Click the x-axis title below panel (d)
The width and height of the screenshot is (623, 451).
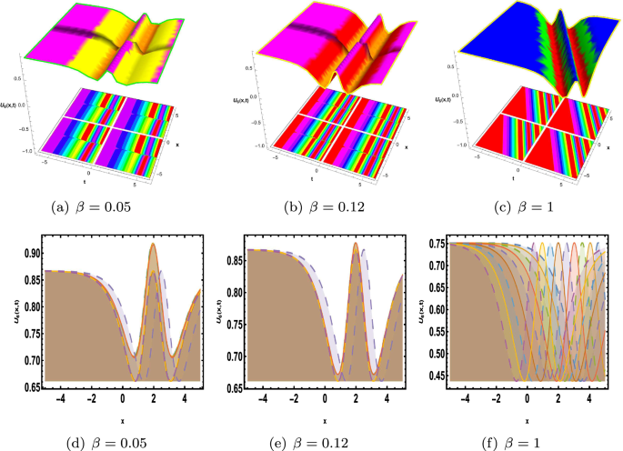pos(121,420)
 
